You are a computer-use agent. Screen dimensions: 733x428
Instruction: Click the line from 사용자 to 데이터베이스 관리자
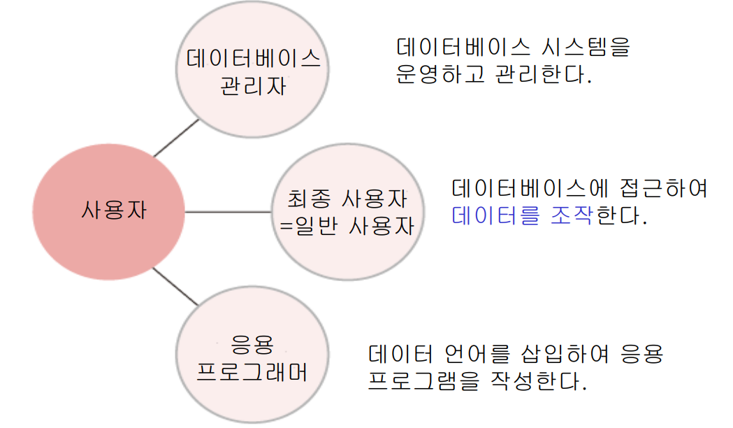[x=176, y=138]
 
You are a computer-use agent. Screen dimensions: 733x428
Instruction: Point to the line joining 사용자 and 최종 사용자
[x=228, y=211]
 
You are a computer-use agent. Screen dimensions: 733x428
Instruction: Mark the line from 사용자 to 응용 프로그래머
[x=175, y=285]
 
